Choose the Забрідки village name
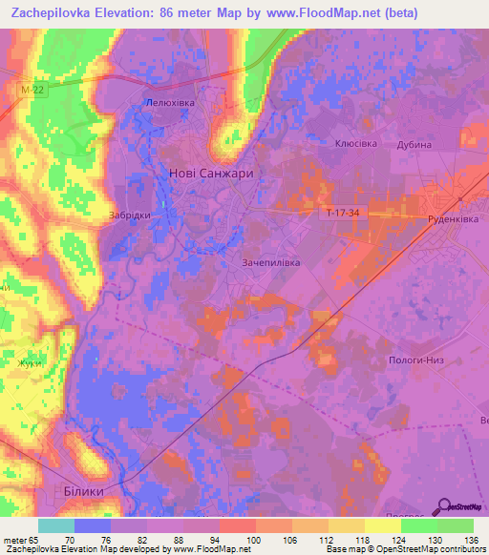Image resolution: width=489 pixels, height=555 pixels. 130,216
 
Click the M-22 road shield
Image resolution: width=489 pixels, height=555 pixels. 30,89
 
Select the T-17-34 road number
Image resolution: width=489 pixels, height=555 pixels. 341,214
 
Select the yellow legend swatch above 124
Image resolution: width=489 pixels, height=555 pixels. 383,525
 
